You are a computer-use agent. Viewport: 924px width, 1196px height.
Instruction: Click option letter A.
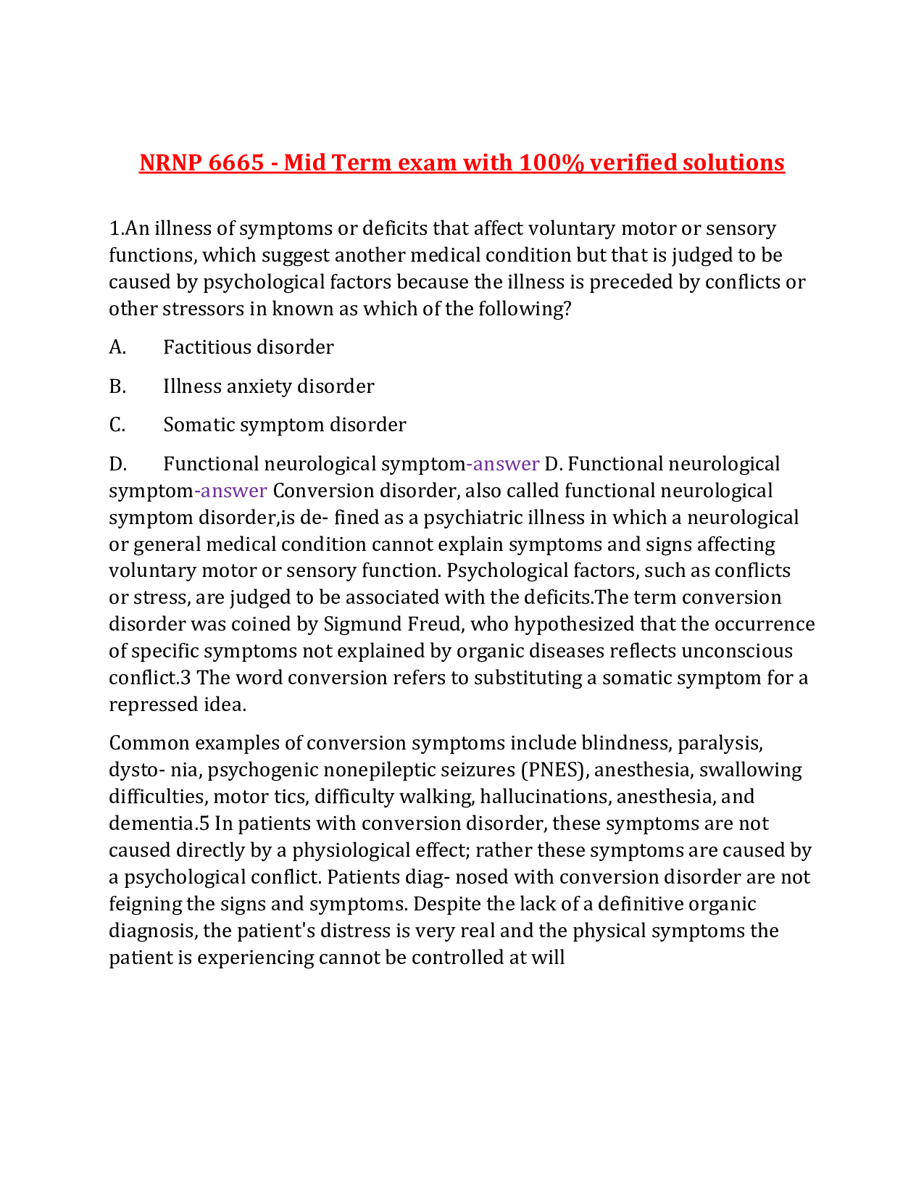[117, 347]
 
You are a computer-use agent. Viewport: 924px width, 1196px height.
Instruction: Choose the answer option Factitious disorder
[249, 347]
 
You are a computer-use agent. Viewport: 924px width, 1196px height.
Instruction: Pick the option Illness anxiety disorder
[269, 386]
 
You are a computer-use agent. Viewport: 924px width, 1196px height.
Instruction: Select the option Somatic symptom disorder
[285, 425]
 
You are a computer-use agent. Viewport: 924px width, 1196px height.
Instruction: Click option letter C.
[117, 425]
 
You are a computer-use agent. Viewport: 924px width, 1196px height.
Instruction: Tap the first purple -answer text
[503, 464]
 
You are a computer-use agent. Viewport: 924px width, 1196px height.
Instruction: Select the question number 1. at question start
[116, 229]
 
